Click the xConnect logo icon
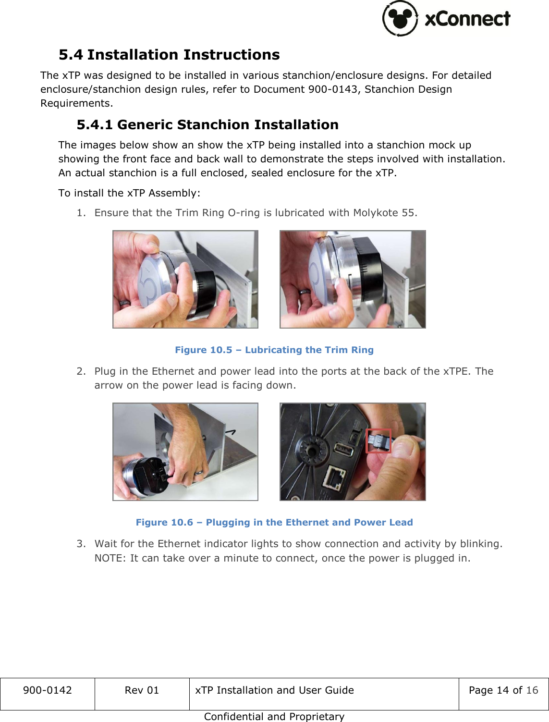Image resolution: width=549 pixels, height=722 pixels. tap(400, 18)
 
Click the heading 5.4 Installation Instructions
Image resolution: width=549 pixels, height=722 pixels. tap(169, 55)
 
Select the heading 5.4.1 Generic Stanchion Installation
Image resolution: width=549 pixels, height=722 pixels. tap(207, 125)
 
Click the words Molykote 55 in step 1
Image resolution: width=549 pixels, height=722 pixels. tap(384, 213)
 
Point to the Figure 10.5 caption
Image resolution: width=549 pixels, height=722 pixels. tap(274, 350)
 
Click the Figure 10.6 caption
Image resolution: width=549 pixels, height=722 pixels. tap(274, 523)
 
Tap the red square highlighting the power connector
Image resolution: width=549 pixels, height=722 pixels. tap(378, 441)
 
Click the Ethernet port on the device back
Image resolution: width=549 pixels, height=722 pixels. tap(336, 477)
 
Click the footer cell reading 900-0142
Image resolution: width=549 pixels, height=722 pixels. tap(47, 690)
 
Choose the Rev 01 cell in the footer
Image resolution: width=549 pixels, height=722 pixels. tap(142, 690)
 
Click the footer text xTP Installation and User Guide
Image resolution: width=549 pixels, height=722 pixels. tap(274, 690)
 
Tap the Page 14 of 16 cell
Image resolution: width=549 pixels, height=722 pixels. tap(503, 690)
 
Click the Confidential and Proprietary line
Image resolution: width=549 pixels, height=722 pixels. tap(274, 717)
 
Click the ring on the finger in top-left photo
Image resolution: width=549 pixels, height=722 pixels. tap(124, 303)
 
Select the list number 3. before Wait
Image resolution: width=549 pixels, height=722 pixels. tap(81, 544)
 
